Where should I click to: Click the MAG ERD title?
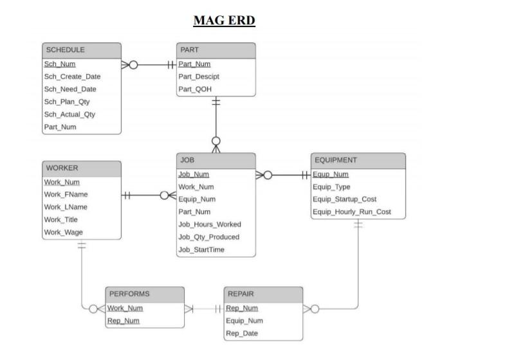(x=224, y=21)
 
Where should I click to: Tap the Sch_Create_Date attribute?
(x=72, y=76)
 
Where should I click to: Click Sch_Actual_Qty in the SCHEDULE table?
(x=69, y=114)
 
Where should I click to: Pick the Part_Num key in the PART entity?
(x=194, y=64)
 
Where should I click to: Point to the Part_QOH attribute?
(x=195, y=89)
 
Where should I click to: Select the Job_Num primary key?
(x=194, y=174)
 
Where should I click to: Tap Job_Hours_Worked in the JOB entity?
(x=210, y=224)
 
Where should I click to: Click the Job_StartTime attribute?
(x=201, y=249)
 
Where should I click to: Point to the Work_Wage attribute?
(x=63, y=233)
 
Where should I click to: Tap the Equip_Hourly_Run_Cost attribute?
(x=351, y=212)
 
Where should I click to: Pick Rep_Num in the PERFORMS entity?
(x=124, y=321)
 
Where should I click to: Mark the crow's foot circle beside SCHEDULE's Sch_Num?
(x=133, y=64)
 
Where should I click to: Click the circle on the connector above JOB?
(x=216, y=140)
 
